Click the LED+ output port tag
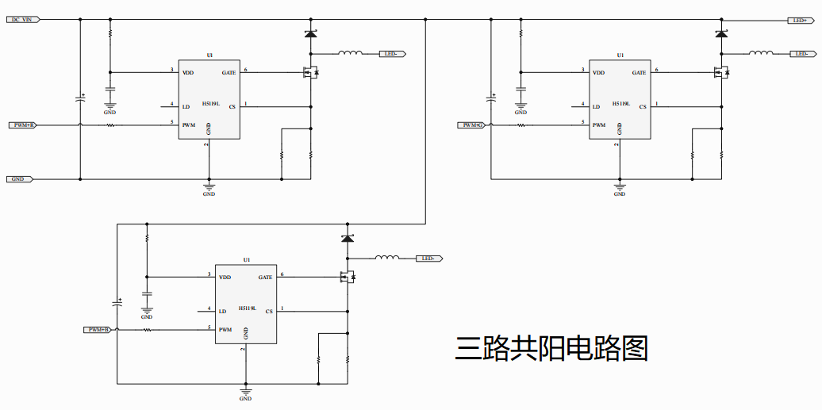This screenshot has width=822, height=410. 799,20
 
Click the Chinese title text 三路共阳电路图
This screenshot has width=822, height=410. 551,348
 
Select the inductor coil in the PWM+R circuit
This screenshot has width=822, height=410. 351,53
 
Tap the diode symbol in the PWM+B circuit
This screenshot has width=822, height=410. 348,239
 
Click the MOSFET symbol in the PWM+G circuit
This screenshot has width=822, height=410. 721,73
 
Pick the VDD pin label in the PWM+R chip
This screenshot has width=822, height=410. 188,73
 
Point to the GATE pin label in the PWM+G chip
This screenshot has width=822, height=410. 639,73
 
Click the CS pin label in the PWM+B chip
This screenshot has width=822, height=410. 269,312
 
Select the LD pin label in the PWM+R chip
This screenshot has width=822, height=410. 186,106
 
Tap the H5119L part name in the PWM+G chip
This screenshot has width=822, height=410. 621,103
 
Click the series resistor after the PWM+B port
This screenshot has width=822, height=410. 147,330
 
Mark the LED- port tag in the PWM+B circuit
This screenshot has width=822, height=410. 429,259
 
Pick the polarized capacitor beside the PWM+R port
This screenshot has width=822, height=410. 80,98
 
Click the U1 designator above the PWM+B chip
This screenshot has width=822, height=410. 247,260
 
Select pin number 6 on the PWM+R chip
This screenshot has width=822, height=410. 246,70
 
